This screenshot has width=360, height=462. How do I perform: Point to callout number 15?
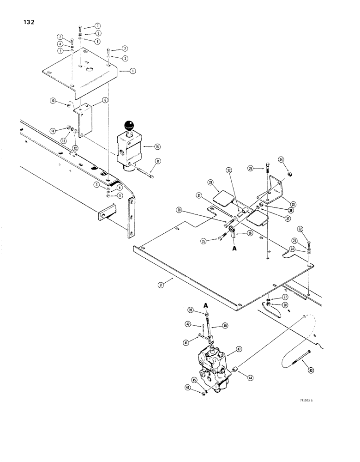[x=157, y=146]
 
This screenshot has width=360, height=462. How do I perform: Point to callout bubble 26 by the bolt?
[x=251, y=168]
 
